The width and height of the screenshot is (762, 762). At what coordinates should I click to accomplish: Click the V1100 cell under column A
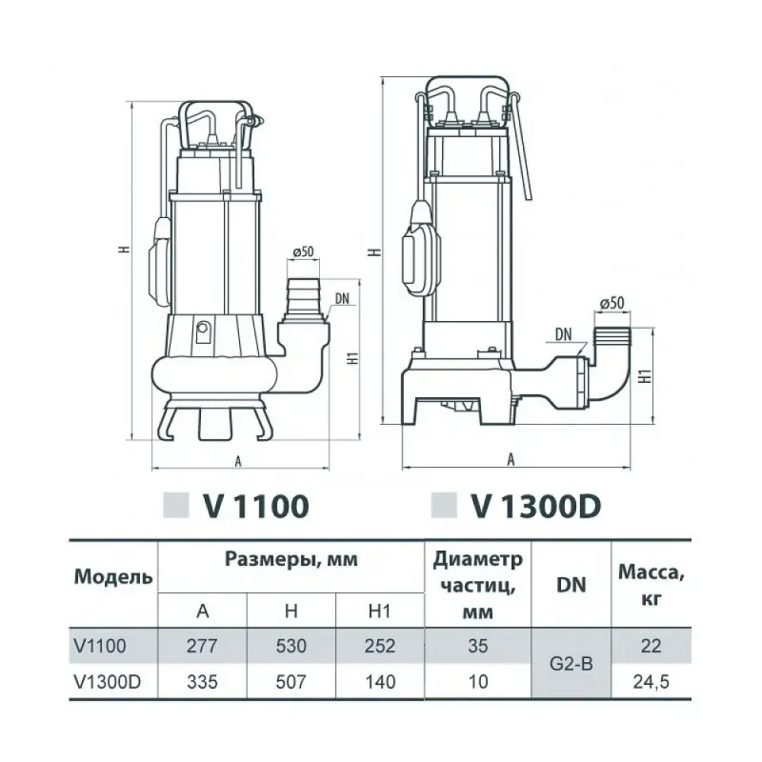coord(204,647)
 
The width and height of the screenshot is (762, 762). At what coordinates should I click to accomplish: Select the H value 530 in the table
coord(292,647)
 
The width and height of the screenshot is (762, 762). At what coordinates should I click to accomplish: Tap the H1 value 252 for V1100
coord(380,647)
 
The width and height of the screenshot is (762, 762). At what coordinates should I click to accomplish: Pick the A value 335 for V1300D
coord(204,682)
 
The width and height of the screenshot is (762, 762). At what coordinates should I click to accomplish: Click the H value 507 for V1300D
coord(292,682)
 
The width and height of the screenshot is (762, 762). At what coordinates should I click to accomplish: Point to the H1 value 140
coord(380,682)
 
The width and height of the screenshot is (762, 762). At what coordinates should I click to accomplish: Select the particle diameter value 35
coord(478,647)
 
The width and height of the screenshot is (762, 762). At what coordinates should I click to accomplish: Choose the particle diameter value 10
coord(478,682)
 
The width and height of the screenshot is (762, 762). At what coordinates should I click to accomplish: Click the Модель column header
coord(112,577)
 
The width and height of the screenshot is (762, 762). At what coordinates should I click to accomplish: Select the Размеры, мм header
coord(291,560)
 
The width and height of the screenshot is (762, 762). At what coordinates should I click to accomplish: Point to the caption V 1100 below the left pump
coord(255,505)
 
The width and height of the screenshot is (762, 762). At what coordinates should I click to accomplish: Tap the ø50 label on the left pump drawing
coord(304,251)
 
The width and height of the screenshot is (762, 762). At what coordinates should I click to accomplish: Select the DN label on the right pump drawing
coord(562,334)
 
